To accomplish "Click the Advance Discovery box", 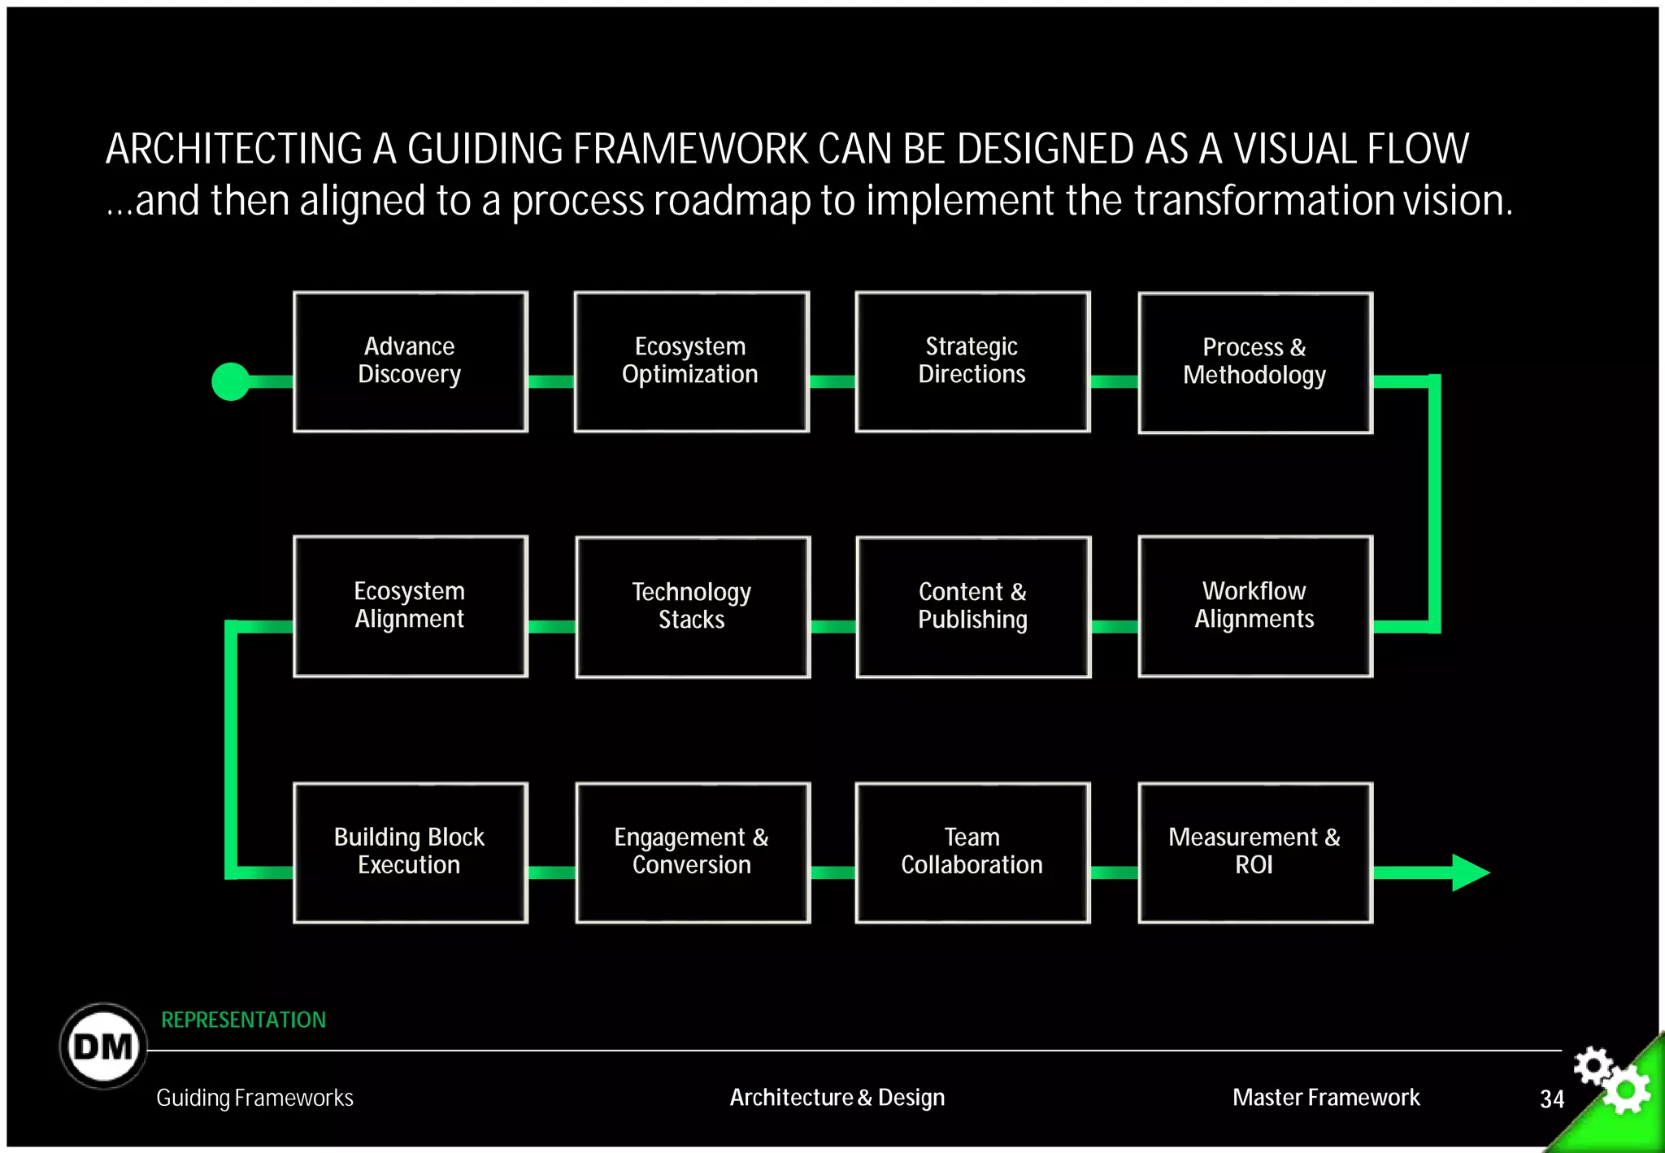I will click(410, 362).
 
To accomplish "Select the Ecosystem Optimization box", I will click(691, 362).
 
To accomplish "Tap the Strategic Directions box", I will click(972, 362).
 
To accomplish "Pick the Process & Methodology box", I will click(1255, 363).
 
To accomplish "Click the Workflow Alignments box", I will click(1255, 607).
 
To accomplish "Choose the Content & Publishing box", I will click(973, 607).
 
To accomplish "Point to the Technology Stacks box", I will click(693, 607).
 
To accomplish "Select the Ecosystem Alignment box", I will click(410, 606).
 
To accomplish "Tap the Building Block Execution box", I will click(410, 852).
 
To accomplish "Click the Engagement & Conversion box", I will click(693, 852).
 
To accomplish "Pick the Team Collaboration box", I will click(972, 852).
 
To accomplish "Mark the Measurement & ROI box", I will click(1255, 852).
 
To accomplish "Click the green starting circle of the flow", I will click(231, 381).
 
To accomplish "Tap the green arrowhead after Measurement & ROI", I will click(1469, 872).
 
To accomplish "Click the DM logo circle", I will click(103, 1046).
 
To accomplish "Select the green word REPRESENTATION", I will click(243, 1020).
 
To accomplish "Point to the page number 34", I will click(1552, 1099).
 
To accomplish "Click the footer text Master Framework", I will click(1326, 1098).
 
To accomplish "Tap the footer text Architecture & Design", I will click(837, 1098).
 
